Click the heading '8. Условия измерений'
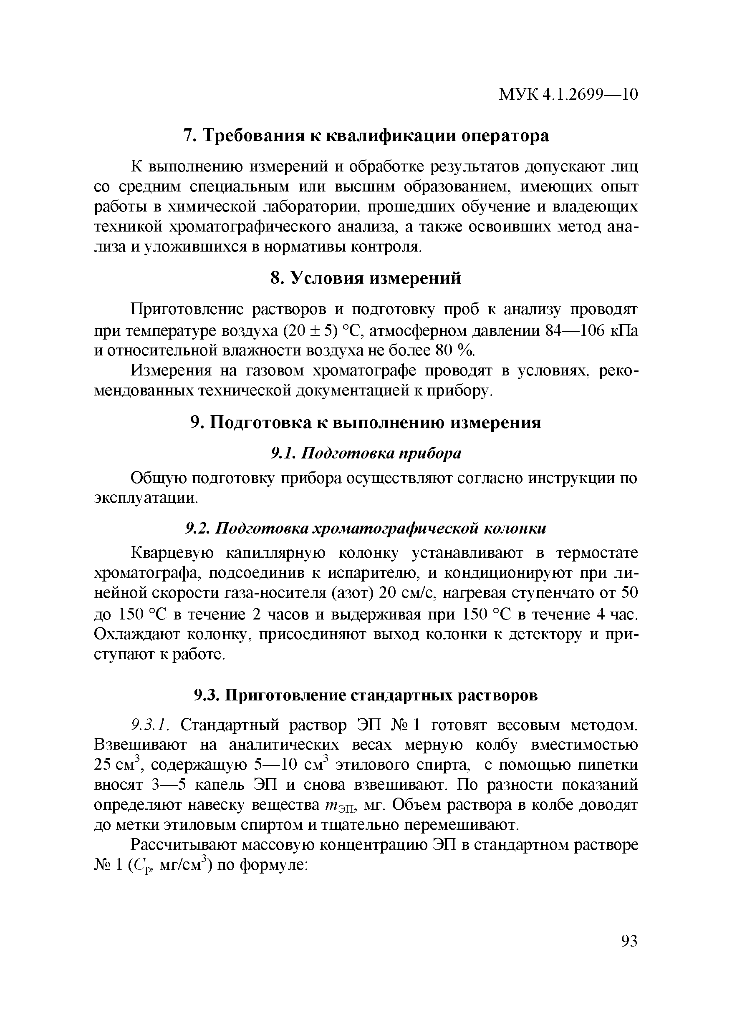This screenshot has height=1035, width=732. pyautogui.click(x=366, y=278)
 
